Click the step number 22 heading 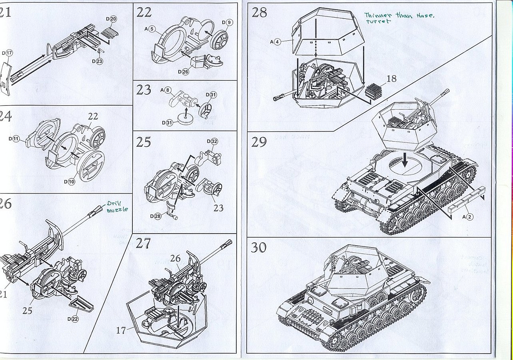[144, 12]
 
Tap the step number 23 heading [144, 90]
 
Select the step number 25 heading [144, 142]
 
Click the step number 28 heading [259, 12]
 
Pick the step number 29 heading [259, 142]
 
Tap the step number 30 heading [259, 247]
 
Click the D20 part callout [111, 19]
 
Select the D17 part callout [7, 53]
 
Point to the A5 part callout [150, 29]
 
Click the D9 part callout [226, 22]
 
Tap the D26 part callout [182, 72]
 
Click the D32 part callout [212, 141]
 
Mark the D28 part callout [156, 216]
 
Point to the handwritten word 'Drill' [113, 204]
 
